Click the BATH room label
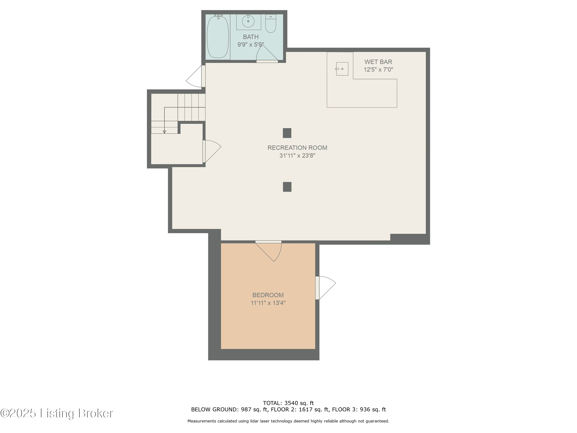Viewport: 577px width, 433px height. tap(251, 37)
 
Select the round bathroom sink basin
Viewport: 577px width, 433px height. tap(248, 21)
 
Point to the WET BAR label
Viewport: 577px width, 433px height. tap(378, 62)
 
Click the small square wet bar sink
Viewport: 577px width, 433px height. tap(342, 69)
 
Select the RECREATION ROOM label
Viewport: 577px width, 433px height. tap(297, 148)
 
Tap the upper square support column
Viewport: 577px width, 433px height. tap(287, 133)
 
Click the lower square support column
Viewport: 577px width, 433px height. tap(287, 187)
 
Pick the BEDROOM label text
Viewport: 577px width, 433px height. tap(268, 295)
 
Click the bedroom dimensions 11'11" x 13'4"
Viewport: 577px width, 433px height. tap(268, 303)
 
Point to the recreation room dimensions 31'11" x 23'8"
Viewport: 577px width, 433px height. tap(297, 155)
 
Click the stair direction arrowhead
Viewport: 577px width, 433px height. tap(164, 132)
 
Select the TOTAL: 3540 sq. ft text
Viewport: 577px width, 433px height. tap(288, 403)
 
